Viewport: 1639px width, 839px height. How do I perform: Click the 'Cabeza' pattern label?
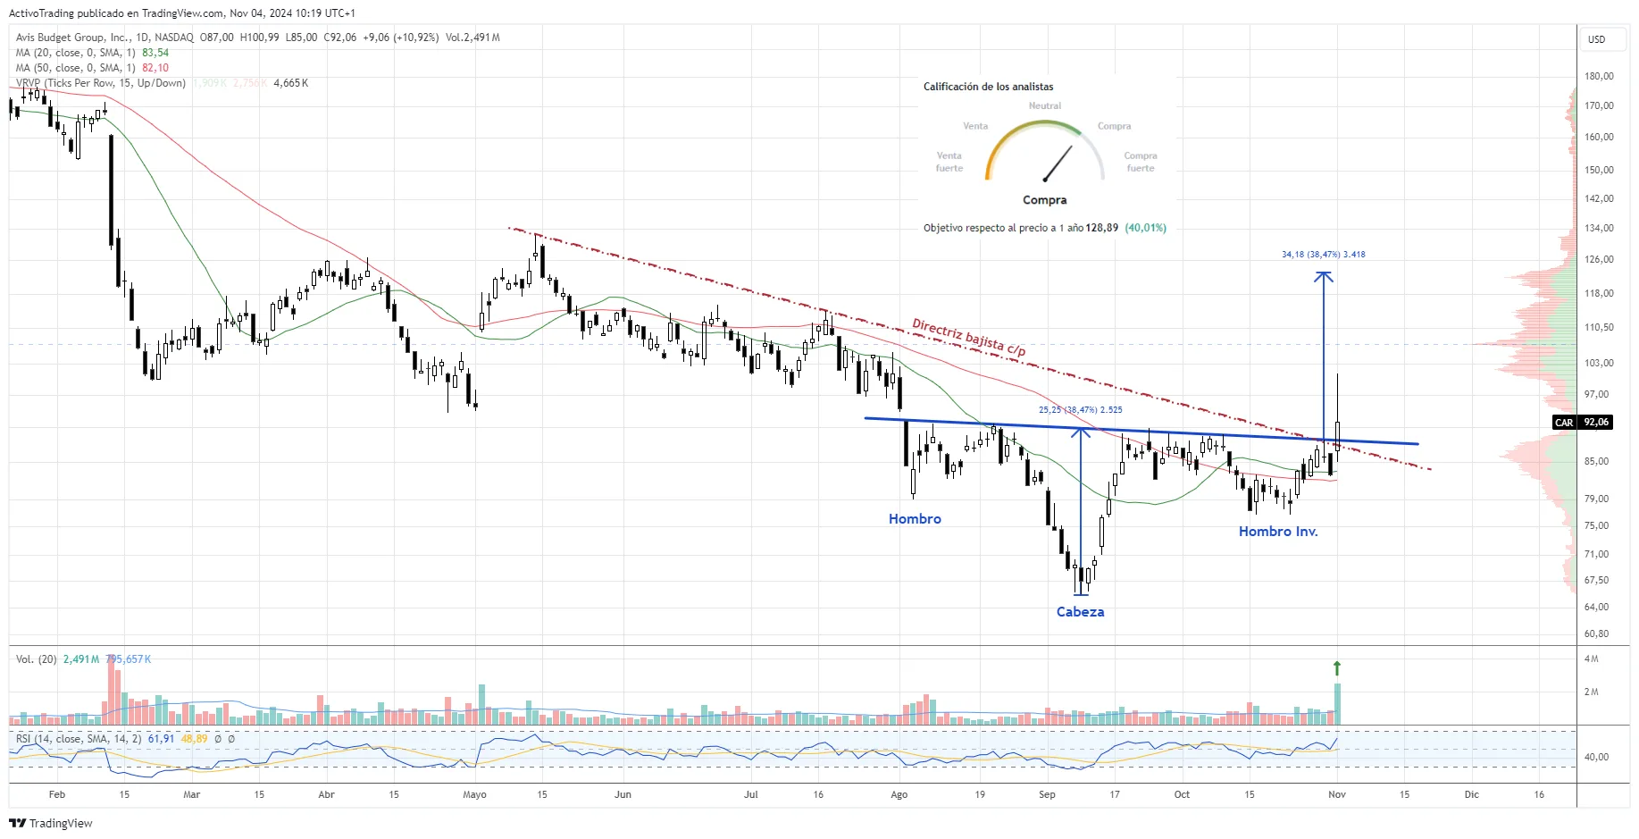point(1080,612)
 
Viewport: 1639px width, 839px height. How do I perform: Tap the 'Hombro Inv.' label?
point(1277,532)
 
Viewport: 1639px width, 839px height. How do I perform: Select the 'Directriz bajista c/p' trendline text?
point(968,337)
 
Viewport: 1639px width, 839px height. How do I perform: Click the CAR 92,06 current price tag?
point(1583,423)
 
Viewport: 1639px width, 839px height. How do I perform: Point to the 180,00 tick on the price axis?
point(1598,77)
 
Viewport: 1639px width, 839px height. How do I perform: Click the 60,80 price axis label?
point(1596,634)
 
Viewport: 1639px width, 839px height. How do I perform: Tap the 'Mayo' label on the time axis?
point(474,794)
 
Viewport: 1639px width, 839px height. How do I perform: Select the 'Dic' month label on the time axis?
point(1471,794)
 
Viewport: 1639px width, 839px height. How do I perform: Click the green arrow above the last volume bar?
point(1337,667)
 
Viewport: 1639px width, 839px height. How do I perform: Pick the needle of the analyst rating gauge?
point(1058,163)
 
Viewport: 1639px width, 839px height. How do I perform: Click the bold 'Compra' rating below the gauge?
point(1044,200)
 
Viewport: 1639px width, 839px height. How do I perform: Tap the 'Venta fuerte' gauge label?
point(949,162)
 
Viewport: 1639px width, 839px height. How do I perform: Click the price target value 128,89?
point(1101,228)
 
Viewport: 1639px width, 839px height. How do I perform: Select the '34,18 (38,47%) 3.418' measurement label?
point(1323,255)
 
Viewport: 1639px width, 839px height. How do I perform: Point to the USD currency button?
point(1596,39)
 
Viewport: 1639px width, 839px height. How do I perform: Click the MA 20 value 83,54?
point(155,53)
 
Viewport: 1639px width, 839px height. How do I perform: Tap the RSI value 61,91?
point(161,739)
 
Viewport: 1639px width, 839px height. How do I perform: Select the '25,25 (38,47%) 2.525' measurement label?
point(1080,410)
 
